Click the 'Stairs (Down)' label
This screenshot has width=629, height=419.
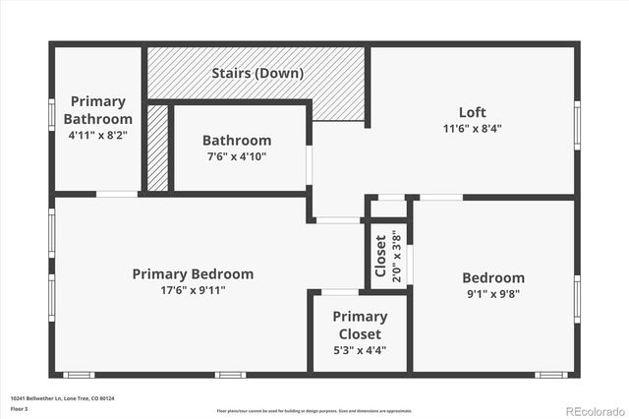click(257, 74)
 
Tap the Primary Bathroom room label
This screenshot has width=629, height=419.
click(97, 110)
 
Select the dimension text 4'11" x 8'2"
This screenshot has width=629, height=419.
click(97, 134)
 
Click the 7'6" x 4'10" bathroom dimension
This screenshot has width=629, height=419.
click(236, 156)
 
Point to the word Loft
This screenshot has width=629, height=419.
click(472, 112)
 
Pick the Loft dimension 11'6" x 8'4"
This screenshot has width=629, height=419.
click(472, 128)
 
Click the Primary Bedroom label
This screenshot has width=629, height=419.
click(193, 273)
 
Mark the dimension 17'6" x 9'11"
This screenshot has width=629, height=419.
click(193, 290)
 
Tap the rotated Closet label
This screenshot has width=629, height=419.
click(381, 255)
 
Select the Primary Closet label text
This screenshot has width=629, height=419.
click(359, 325)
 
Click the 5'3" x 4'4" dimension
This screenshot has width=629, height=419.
click(359, 350)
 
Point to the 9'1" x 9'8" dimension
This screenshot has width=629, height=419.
click(492, 293)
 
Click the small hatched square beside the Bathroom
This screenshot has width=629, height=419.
click(157, 149)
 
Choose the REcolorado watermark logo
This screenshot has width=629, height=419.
click(593, 410)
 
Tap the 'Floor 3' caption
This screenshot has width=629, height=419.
click(19, 407)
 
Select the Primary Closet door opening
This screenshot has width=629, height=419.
click(340, 292)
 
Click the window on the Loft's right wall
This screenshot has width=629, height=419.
click(577, 126)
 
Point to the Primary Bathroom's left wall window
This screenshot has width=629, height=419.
click(52, 113)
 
